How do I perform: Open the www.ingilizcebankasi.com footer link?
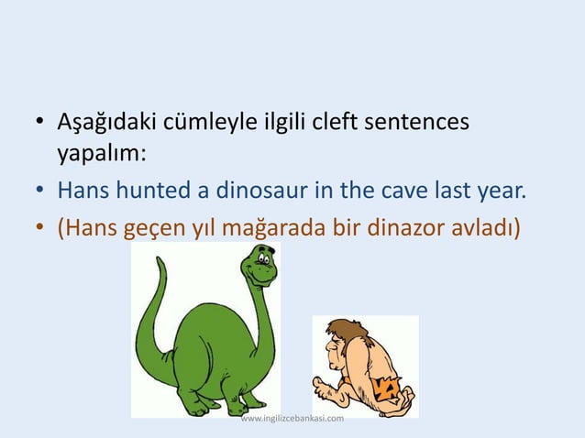[292, 419]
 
